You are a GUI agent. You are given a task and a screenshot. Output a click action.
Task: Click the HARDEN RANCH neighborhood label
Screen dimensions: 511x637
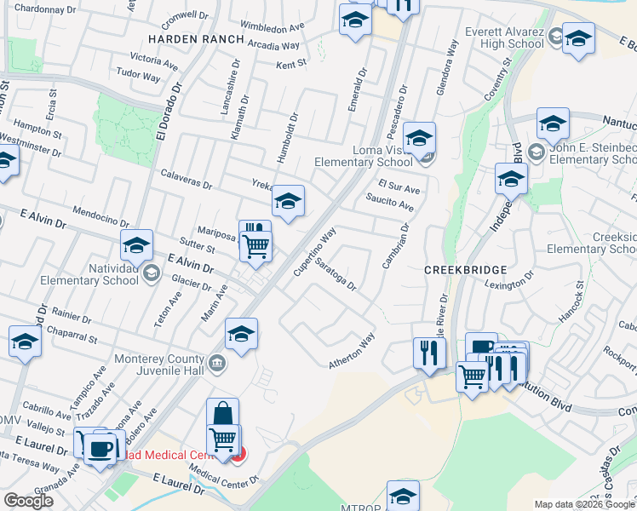[x=196, y=40]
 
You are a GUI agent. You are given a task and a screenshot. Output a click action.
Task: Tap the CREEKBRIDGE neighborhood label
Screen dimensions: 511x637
[x=466, y=269]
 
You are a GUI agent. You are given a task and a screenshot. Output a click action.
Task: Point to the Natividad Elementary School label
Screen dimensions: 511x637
[x=89, y=273]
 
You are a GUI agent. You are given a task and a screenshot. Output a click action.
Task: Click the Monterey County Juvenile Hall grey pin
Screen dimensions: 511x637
[x=217, y=363]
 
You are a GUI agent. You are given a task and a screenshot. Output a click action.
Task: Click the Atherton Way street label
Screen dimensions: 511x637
[x=352, y=352]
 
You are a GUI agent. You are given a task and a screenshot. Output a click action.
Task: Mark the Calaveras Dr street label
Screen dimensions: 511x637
[x=186, y=179]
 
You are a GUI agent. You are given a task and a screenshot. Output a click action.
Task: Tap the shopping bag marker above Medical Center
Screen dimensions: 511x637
[x=222, y=415]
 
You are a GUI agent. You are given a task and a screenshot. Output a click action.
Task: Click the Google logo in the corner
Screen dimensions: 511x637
[x=28, y=501]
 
